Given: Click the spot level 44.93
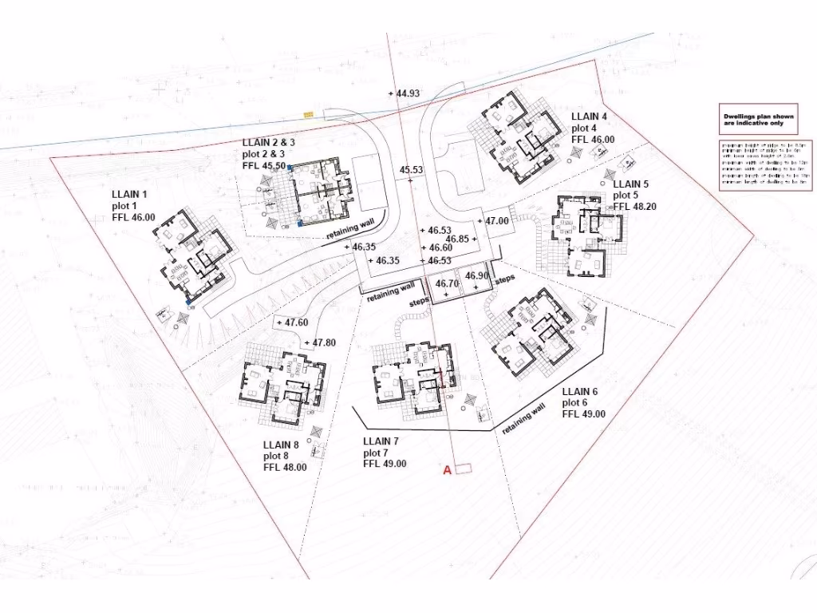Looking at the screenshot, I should coord(407,93).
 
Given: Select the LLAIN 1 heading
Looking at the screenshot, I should coord(130,194).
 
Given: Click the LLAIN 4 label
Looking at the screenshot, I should coord(589,117).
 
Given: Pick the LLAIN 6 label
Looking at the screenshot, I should coord(580,392).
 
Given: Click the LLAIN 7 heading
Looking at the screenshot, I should coord(381,441).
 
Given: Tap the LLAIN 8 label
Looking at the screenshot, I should coord(280,445).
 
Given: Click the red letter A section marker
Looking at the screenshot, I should coord(448,470).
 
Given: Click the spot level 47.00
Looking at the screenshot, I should coord(495,220).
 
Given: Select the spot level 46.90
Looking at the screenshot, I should coord(476,276).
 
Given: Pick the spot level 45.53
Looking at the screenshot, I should coord(411,170).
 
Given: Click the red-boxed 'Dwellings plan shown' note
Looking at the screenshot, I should coord(754,120).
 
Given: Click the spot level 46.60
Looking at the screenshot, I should coord(440,249).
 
